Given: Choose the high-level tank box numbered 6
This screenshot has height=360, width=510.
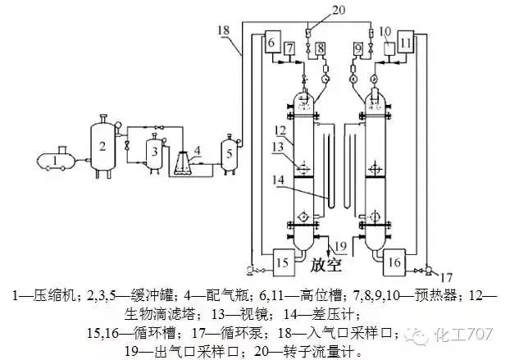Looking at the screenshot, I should (273, 41).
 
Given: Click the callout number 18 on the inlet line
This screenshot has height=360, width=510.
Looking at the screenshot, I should (224, 30).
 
